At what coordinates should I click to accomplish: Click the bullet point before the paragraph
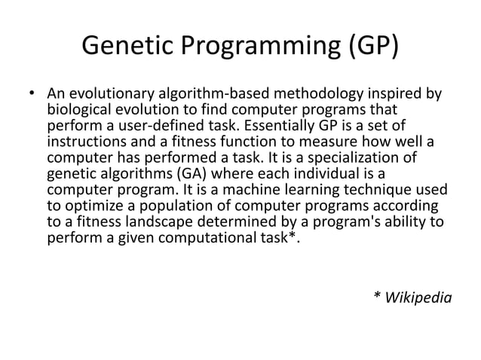(x=31, y=96)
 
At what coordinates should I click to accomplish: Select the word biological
(x=78, y=111)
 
